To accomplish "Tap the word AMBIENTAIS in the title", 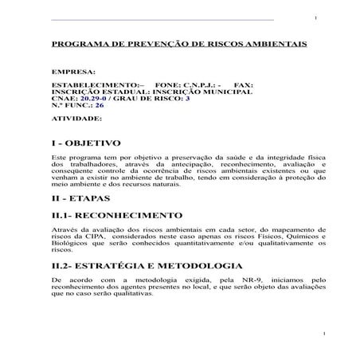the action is [x=279, y=45].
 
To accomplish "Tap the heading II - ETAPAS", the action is [x=80, y=198].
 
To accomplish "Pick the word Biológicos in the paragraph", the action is [x=69, y=243].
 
